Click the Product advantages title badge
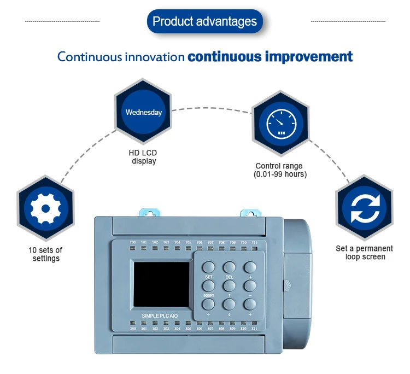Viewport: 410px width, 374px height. (x=204, y=22)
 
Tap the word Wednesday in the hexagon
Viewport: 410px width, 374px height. (x=144, y=112)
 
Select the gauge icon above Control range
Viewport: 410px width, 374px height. (x=281, y=122)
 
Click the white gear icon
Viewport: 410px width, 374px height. (x=45, y=208)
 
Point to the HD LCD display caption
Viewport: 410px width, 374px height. (x=144, y=157)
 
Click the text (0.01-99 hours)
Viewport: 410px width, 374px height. (x=280, y=174)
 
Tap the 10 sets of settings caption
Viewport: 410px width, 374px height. (x=45, y=254)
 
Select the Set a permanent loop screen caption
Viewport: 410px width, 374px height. (x=364, y=253)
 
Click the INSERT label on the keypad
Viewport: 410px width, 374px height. (x=209, y=295)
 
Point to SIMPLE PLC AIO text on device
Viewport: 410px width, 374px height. (x=159, y=315)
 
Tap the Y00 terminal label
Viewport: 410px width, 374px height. (x=133, y=242)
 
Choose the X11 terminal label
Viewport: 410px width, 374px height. (x=254, y=329)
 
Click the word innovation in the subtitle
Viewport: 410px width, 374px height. (x=157, y=57)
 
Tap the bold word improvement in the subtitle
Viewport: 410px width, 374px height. (x=309, y=57)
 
